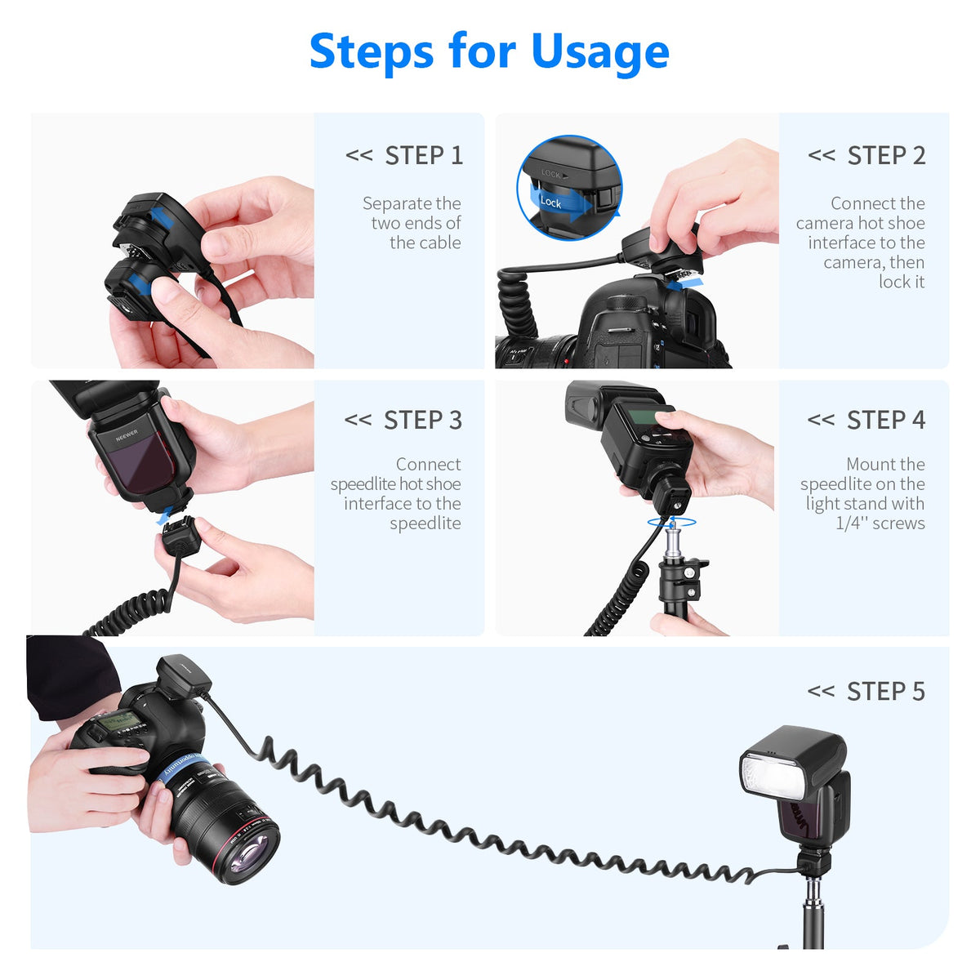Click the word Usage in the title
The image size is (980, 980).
(x=599, y=52)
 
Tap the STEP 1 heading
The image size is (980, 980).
(x=403, y=155)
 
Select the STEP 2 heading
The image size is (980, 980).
(x=866, y=155)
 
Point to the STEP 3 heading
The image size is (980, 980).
(x=403, y=420)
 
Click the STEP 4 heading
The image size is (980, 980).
(x=866, y=420)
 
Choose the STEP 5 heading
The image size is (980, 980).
(x=866, y=692)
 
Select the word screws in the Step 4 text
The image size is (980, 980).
(x=898, y=523)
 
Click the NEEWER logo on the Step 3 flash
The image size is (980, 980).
(x=127, y=434)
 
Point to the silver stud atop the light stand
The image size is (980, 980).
(x=673, y=540)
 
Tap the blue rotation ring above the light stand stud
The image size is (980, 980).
(x=671, y=522)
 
